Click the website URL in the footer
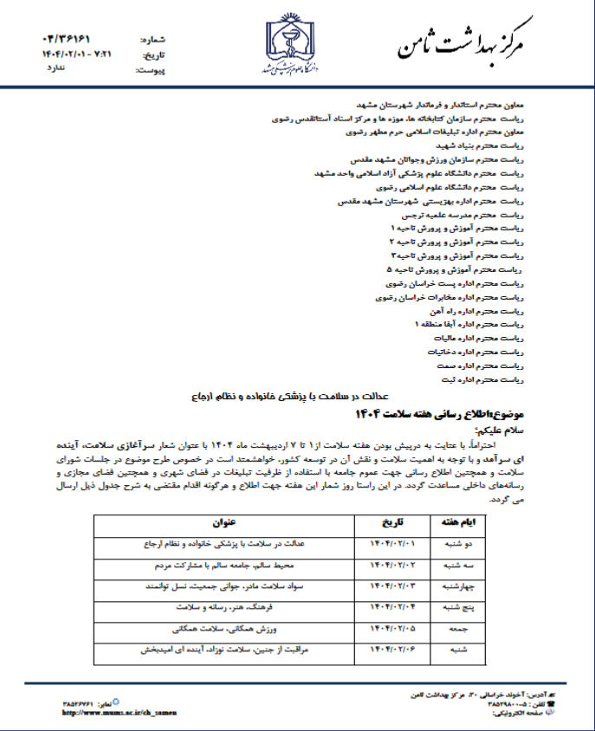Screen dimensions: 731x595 click(119, 712)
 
